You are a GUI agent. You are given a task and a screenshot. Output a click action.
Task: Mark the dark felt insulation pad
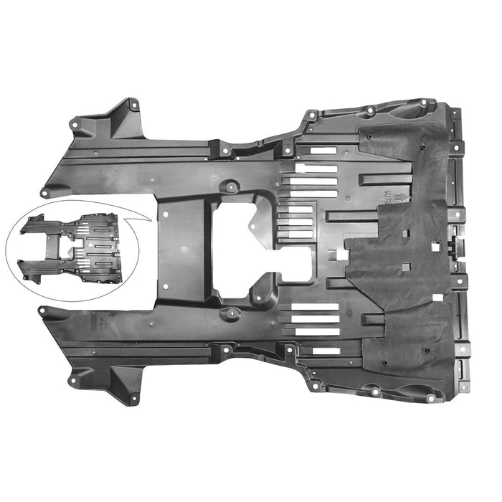click(x=409, y=287)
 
